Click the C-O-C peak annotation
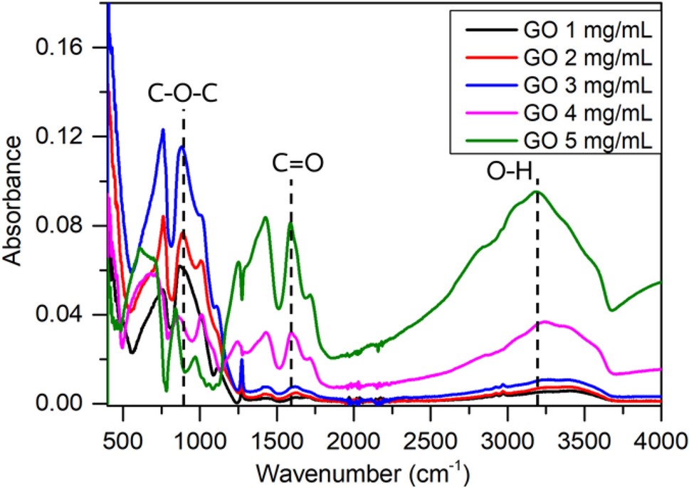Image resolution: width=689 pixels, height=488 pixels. (183, 93)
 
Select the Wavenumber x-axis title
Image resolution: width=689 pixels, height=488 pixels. (363, 472)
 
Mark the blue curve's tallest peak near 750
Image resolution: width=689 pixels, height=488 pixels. (163, 130)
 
